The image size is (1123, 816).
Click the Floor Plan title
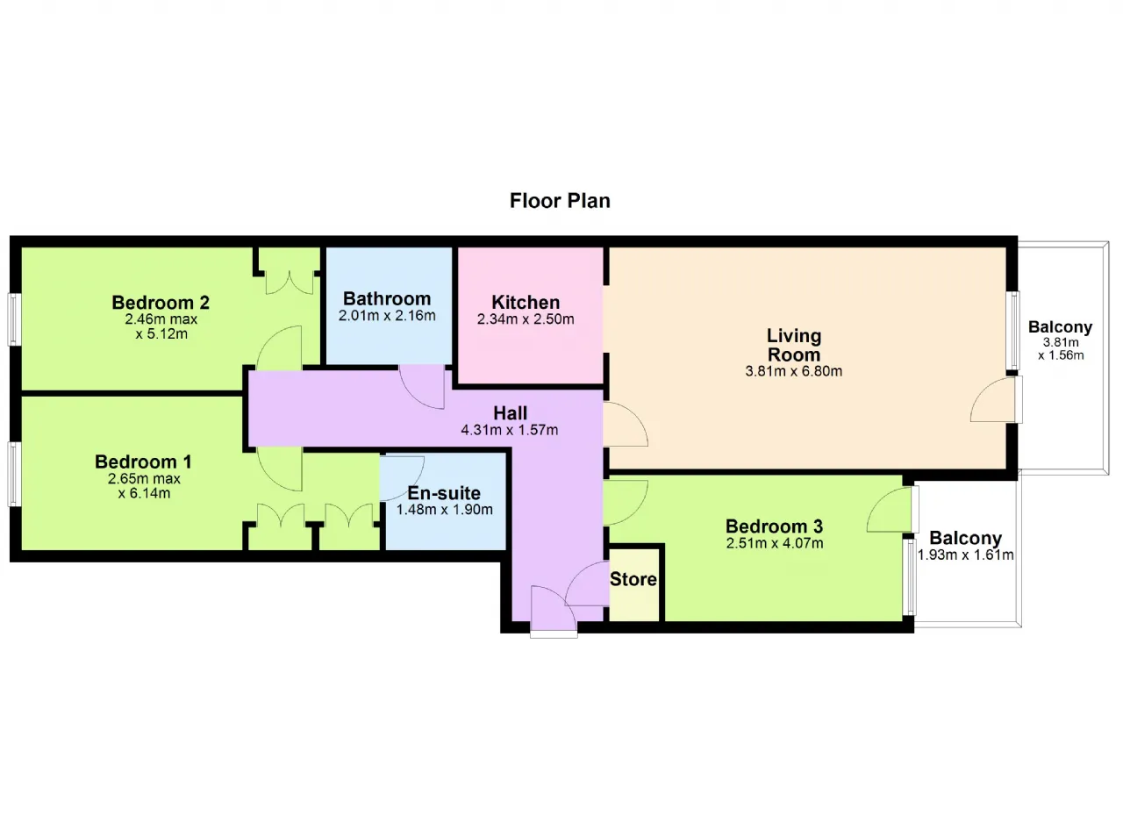(560, 201)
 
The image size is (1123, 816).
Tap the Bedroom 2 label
(161, 302)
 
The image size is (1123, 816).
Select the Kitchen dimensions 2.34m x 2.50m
(526, 319)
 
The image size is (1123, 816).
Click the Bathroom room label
(387, 298)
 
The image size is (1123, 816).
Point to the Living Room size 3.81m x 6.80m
(794, 371)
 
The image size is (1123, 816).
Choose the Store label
(633, 579)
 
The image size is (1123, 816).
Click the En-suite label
(444, 493)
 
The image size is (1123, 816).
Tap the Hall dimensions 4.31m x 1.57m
(510, 430)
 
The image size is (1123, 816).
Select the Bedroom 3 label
(774, 526)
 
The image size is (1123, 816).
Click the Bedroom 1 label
(143, 462)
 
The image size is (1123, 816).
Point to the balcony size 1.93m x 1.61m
(966, 555)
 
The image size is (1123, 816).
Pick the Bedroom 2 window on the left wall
(14, 319)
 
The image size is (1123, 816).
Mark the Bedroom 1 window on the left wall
(14, 474)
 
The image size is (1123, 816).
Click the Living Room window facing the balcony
(1013, 331)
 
